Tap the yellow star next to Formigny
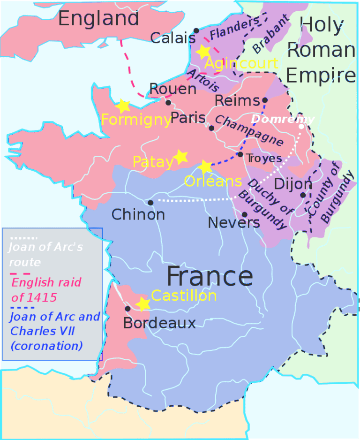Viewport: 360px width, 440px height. click(123, 106)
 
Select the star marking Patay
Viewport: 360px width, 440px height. click(180, 157)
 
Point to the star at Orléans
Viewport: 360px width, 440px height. click(205, 167)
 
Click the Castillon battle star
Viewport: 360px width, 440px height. click(143, 304)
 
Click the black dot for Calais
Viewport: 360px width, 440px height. click(196, 30)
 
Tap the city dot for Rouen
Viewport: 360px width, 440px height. click(168, 102)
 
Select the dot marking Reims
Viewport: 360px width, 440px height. click(264, 100)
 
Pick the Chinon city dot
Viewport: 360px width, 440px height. click(150, 203)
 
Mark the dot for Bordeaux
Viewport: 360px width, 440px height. click(127, 309)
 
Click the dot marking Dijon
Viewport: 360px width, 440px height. click(303, 195)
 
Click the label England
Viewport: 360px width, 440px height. click(99, 18)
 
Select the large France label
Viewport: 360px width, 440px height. click(210, 277)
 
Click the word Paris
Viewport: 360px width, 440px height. click(188, 118)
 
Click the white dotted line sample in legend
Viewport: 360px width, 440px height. click(23, 238)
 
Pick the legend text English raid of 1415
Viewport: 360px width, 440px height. click(46, 289)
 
